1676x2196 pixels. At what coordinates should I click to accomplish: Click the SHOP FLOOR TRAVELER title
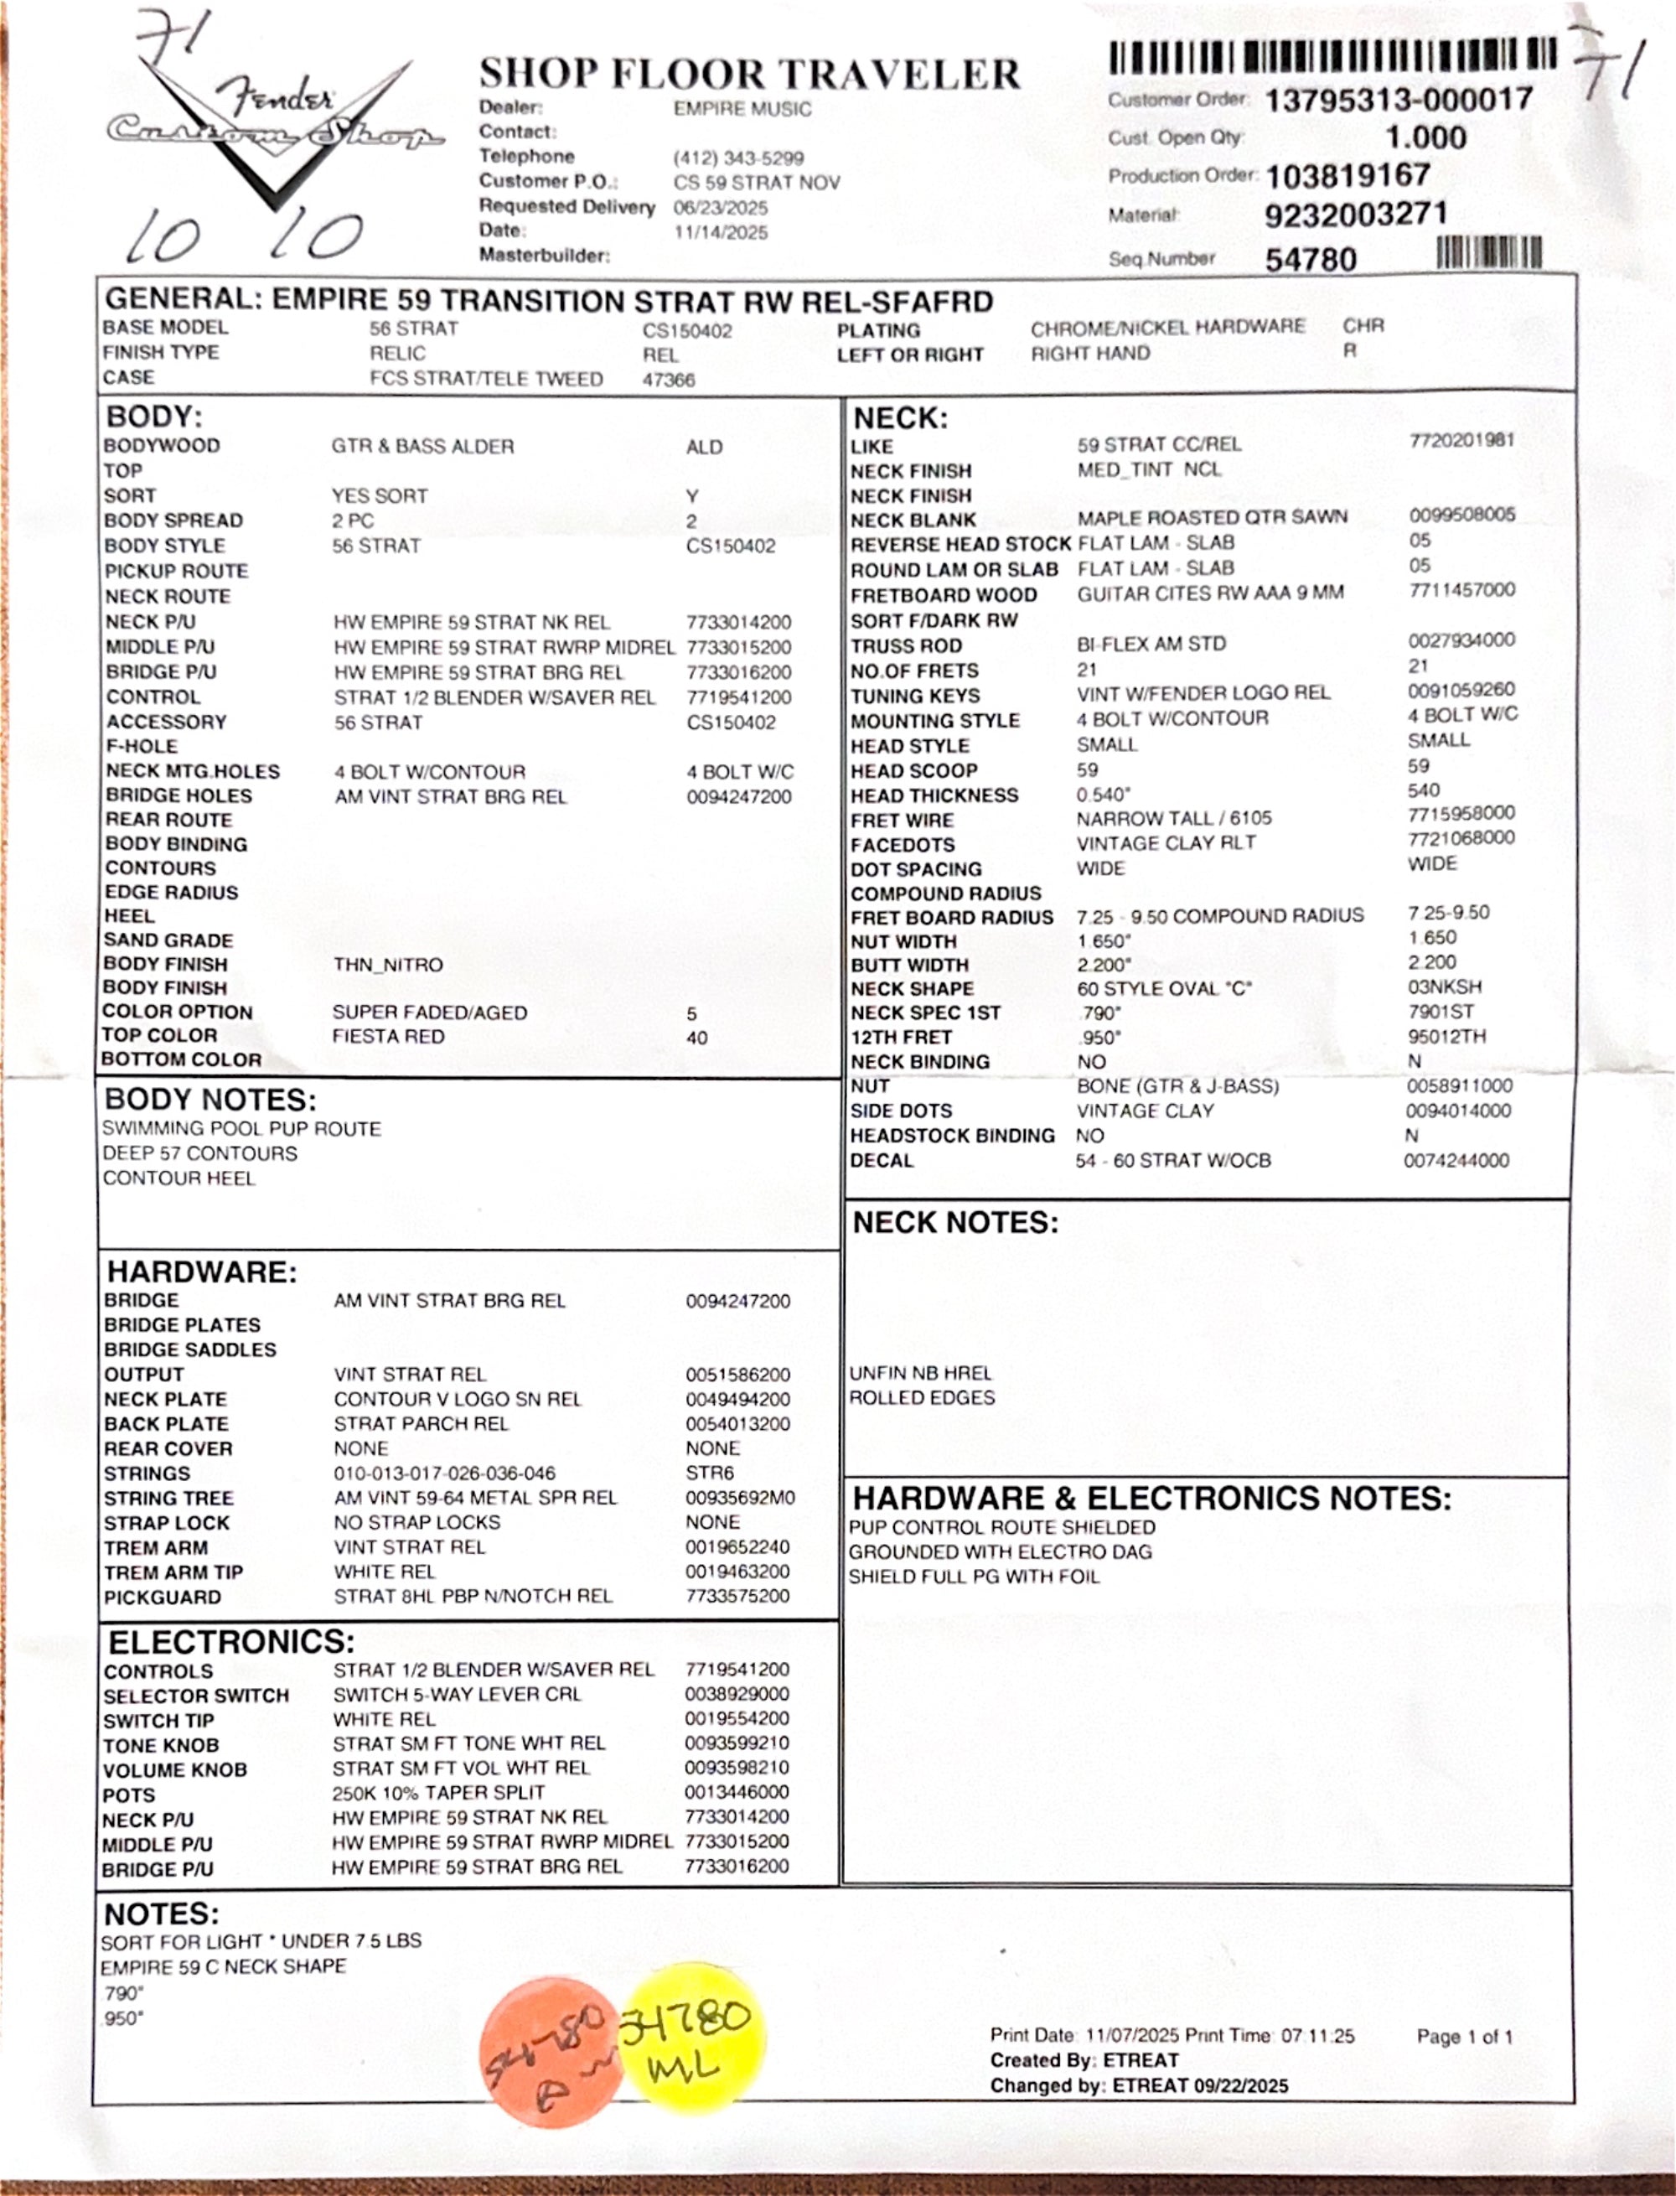[749, 74]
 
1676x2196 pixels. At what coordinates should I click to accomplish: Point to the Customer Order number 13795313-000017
[1399, 99]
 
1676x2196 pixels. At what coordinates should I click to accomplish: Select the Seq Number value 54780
[1311, 259]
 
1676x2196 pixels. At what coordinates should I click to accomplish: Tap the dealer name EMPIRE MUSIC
[742, 109]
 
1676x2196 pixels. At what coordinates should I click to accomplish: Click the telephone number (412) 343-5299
[738, 158]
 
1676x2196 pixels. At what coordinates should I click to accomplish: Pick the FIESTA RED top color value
[388, 1037]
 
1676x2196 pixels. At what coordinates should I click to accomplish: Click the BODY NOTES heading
[210, 1100]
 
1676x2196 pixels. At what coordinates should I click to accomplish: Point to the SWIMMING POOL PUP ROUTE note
[241, 1128]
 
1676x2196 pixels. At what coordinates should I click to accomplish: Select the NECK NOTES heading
[954, 1222]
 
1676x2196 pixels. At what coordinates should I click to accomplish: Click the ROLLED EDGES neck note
[922, 1398]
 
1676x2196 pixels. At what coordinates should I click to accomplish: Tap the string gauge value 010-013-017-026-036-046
[444, 1473]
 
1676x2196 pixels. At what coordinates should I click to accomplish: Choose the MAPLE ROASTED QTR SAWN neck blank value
[1212, 517]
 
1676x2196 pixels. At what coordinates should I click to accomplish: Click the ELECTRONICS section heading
[231, 1642]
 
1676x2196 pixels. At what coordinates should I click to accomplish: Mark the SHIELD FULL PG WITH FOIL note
[974, 1577]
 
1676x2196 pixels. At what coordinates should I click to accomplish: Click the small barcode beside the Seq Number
[1488, 253]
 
